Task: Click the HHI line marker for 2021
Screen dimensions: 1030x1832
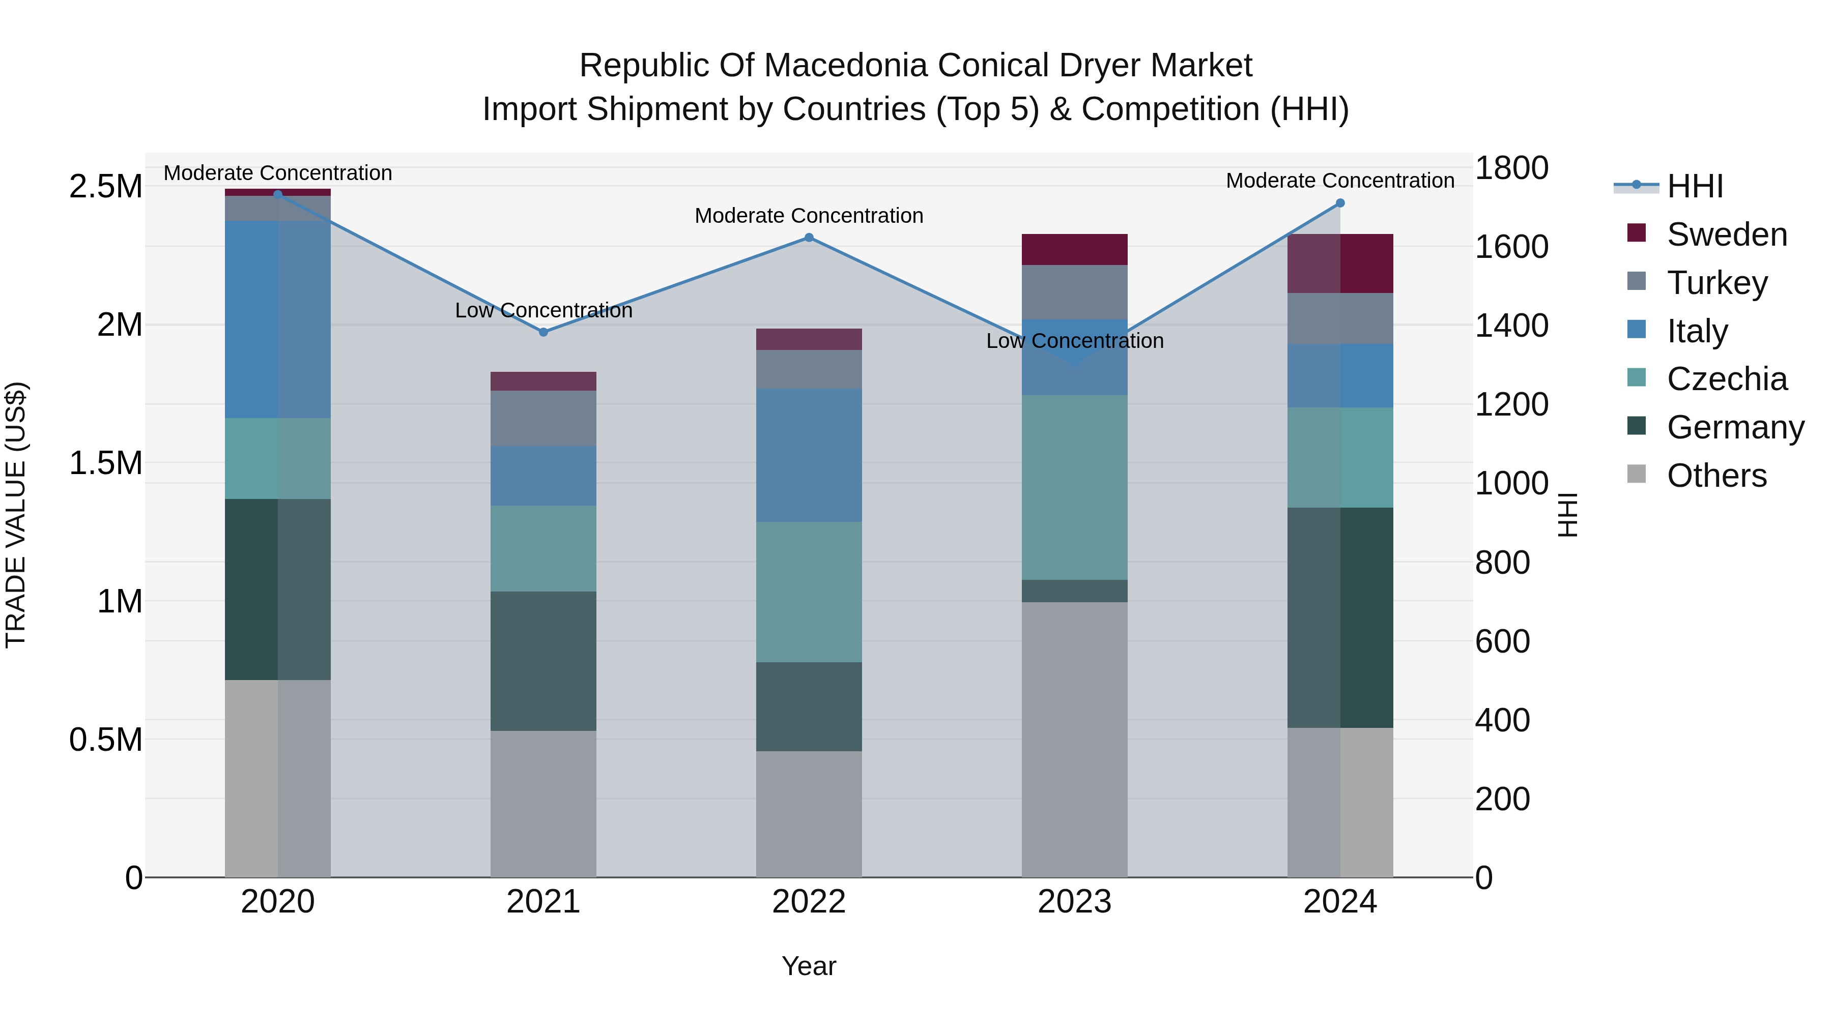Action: (x=543, y=332)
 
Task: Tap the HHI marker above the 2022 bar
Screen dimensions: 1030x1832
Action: (x=809, y=238)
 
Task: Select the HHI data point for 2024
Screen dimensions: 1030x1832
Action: (x=1340, y=203)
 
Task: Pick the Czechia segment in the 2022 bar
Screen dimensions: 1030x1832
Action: (x=809, y=592)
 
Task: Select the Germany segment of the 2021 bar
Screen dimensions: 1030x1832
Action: (x=543, y=661)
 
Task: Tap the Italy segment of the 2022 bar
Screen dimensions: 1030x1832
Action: (x=809, y=455)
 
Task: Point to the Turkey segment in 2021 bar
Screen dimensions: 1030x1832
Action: (x=543, y=418)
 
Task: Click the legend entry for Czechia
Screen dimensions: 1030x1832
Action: (x=1726, y=379)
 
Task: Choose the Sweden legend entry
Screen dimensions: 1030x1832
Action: (x=1726, y=234)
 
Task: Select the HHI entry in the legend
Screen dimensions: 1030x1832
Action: (x=1694, y=186)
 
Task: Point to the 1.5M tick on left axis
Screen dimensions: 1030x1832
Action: (x=105, y=463)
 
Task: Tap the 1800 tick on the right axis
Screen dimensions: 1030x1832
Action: (x=1511, y=168)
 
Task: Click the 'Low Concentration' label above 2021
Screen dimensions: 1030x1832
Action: (x=543, y=311)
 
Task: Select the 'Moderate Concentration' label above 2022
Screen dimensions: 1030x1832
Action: (x=809, y=215)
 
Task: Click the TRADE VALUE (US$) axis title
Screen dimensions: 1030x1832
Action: (x=16, y=515)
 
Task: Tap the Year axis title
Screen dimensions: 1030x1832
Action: (x=809, y=966)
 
